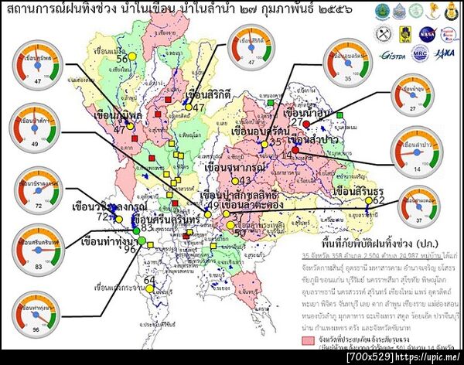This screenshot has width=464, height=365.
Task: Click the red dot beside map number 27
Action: [x=305, y=124]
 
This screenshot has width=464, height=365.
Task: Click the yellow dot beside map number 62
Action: [x=368, y=203]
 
